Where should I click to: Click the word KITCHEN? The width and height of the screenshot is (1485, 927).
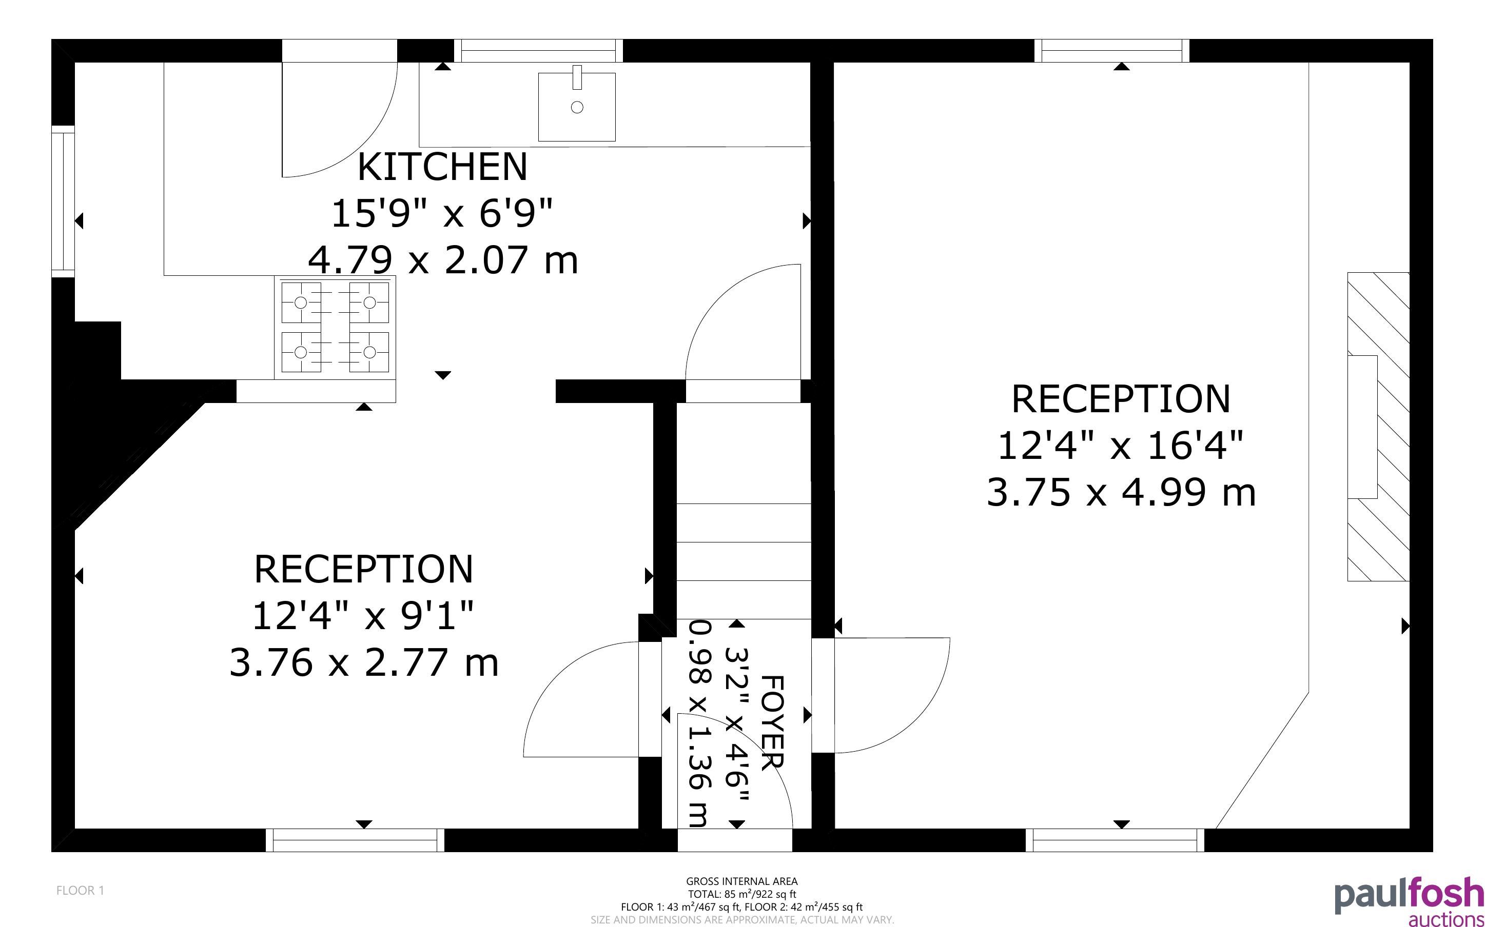442,167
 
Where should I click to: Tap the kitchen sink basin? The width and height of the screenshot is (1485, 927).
577,107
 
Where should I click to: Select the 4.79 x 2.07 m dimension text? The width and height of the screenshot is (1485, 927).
443,259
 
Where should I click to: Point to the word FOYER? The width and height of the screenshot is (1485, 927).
772,722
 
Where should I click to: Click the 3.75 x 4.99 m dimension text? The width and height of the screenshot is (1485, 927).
1121,492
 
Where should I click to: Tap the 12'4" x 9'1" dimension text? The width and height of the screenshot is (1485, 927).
363,616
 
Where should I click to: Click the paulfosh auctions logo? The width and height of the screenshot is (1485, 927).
1410,901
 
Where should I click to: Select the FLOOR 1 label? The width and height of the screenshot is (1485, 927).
81,890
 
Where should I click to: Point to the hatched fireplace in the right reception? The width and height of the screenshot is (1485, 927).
1378,427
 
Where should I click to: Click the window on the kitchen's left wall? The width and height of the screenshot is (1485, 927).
63,201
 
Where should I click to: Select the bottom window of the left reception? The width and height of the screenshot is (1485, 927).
355,840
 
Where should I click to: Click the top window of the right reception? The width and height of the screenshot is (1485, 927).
1111,51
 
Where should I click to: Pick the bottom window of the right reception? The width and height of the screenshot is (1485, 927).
1115,840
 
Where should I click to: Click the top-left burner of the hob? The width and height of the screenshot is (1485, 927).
301,303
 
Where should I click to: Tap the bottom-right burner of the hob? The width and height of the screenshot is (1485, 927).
369,352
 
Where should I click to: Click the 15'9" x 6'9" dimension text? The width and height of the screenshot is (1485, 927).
442,213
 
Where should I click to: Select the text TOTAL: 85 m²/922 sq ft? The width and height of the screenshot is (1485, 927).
741,894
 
